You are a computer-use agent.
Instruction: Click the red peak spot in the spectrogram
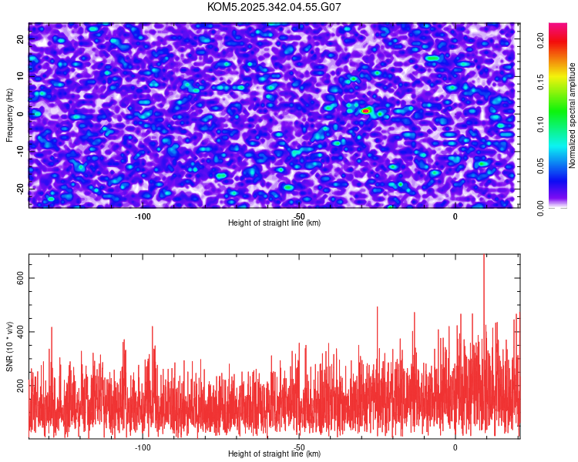tap(366, 111)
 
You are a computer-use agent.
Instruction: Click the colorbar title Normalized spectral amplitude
tap(573, 115)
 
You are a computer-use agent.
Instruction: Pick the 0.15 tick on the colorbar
tap(541, 82)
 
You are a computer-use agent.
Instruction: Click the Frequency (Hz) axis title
tap(9, 115)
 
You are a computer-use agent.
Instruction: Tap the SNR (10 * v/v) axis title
tap(9, 346)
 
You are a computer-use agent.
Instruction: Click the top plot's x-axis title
tap(274, 223)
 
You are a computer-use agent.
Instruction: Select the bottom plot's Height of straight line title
tap(274, 454)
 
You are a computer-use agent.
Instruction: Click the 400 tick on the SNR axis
tap(20, 331)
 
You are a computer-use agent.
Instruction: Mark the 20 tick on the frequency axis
tap(20, 38)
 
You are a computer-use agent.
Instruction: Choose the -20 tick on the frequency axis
tap(20, 188)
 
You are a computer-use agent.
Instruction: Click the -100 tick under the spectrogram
tap(143, 216)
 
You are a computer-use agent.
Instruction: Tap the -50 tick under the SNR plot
tap(299, 447)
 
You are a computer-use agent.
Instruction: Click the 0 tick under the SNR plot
tap(455, 447)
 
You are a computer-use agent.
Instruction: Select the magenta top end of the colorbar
tap(558, 27)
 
